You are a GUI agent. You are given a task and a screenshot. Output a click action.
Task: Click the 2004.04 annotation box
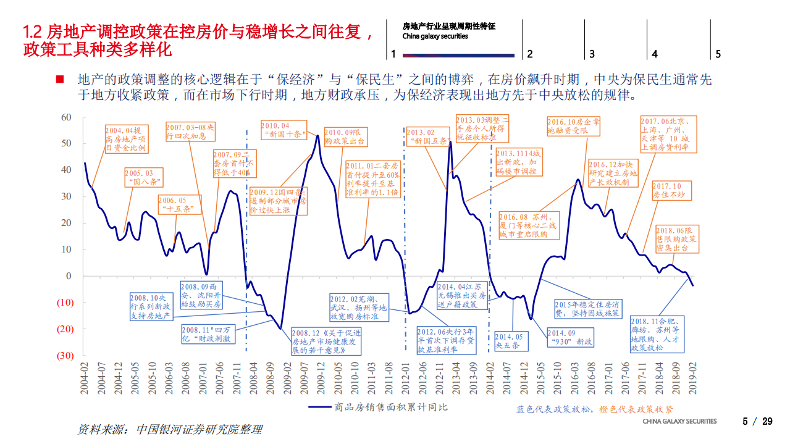[126, 140]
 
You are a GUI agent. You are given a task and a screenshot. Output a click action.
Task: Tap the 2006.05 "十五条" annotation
[179, 204]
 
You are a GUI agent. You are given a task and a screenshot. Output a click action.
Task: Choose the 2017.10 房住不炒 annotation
[671, 190]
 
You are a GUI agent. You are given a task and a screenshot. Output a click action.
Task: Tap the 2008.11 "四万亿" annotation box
[209, 335]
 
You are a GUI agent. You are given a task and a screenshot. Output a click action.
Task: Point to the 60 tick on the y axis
[67, 117]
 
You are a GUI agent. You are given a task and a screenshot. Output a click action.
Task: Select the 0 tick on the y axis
[69, 276]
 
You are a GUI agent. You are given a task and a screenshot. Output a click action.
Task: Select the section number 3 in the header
[592, 54]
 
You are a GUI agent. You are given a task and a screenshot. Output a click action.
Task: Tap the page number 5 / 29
[757, 422]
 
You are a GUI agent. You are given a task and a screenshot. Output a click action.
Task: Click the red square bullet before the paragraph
[60, 80]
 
